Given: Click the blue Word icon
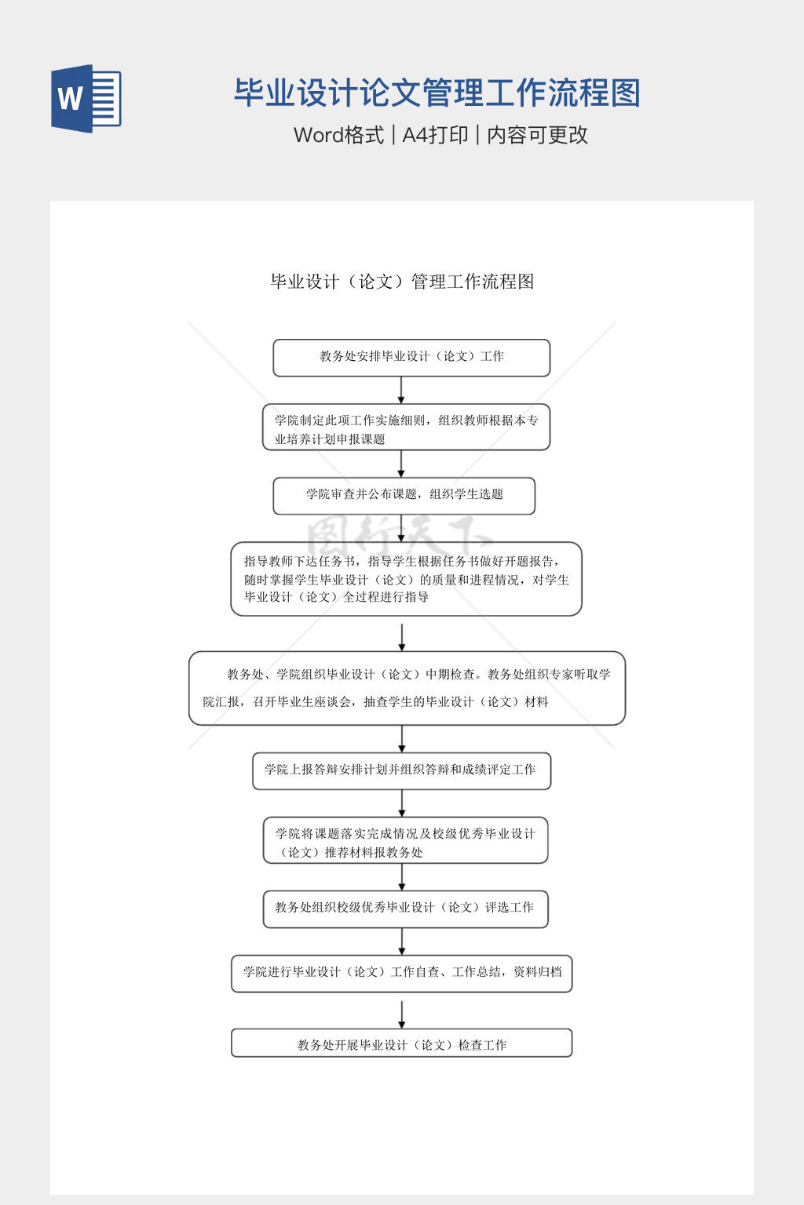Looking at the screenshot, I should click(86, 99).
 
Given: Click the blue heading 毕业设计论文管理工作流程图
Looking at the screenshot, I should click(437, 93).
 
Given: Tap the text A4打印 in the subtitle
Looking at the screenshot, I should click(435, 135).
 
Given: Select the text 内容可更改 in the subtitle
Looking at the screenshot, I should click(538, 135).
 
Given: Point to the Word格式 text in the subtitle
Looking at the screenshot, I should click(338, 135).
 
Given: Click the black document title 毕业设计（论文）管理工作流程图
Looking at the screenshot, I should click(402, 282).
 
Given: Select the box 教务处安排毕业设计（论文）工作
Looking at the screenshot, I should click(411, 358).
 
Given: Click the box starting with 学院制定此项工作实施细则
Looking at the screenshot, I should click(406, 428).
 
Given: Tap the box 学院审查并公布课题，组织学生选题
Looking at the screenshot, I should click(404, 496).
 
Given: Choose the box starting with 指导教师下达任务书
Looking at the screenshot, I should click(406, 579).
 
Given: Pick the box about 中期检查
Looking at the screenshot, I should click(407, 688).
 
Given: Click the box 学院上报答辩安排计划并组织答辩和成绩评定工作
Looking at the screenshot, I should click(401, 771).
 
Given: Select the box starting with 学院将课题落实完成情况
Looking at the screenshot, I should click(405, 841).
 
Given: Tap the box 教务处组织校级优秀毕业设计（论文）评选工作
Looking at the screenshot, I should click(405, 908).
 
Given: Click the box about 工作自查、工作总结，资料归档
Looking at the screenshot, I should click(401, 973).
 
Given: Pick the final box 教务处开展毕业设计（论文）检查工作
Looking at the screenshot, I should click(401, 1043).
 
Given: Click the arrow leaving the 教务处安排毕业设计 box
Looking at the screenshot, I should click(401, 390).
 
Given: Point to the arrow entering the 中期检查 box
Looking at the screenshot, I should click(402, 637).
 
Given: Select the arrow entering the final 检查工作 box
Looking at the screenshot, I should click(402, 1014).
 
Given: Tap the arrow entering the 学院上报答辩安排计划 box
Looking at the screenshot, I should click(402, 739).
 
